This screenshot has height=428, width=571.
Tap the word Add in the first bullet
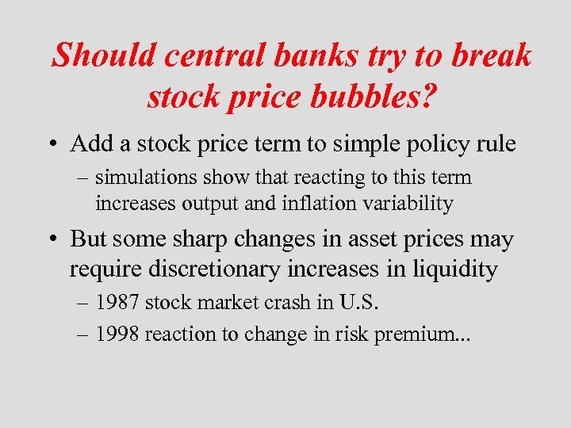91,144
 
